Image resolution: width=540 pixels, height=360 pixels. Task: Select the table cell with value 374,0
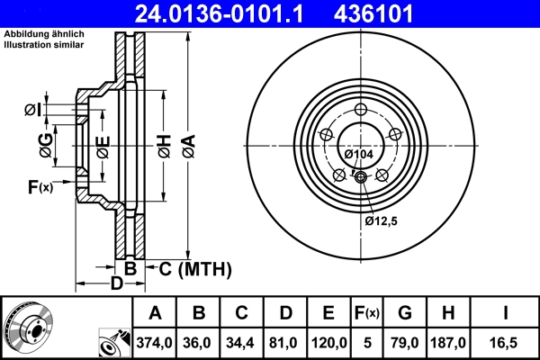[155, 344]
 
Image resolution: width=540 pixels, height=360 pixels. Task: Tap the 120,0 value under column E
[328, 344]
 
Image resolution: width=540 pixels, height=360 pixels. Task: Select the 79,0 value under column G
[405, 344]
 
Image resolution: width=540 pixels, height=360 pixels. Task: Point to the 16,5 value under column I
[507, 344]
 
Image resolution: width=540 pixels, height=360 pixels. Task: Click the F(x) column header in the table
[366, 313]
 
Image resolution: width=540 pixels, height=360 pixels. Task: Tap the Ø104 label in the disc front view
[359, 155]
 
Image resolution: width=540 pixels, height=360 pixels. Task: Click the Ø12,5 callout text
[382, 220]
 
